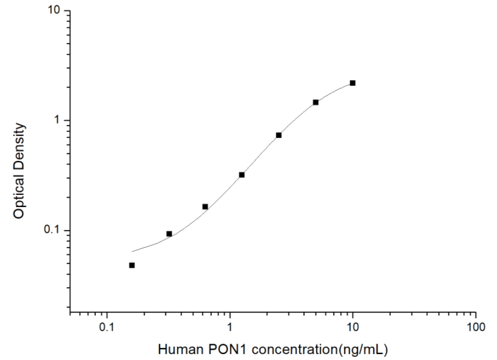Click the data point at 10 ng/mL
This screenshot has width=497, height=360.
point(353,83)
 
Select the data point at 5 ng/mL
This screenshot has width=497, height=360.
point(316,102)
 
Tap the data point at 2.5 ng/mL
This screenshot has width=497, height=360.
point(279,135)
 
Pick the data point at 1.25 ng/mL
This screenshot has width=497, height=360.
point(242,175)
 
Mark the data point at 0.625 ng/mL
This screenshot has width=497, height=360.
point(205,206)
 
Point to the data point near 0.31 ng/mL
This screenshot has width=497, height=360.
point(169,234)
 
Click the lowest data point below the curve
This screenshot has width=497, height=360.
point(132,265)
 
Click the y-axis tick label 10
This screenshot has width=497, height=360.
point(55,11)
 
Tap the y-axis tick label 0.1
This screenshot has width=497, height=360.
point(53,231)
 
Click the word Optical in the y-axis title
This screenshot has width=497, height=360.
point(19,199)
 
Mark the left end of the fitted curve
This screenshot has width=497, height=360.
point(132,251)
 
